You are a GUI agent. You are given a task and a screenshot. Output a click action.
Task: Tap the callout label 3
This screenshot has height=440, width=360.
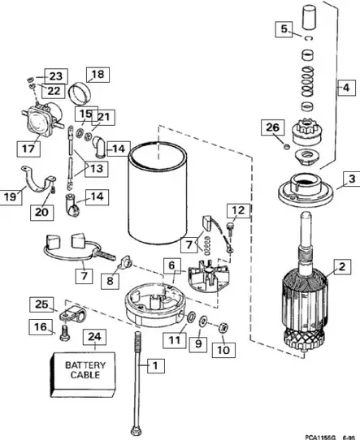pos(350,178)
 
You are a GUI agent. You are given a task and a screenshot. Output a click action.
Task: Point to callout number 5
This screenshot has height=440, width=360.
pos(284,29)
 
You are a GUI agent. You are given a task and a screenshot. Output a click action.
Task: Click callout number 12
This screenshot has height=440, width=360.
pos(235,210)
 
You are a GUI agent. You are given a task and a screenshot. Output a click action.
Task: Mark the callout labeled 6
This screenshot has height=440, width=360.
pos(171,265)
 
